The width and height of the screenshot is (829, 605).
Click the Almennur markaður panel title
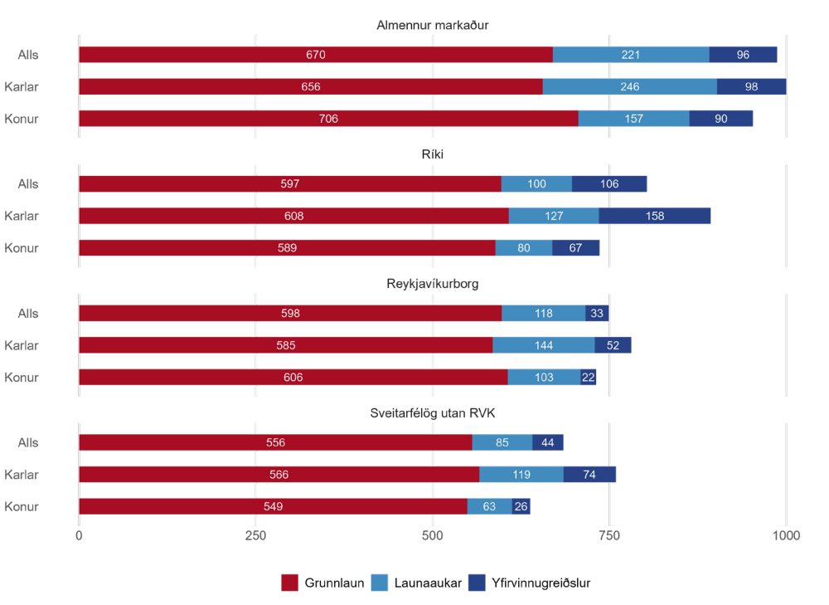coord(432,25)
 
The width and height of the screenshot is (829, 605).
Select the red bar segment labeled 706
coord(328,119)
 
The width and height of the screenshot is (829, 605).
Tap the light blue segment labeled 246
coord(630,86)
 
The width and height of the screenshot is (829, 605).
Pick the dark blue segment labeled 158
coord(655,216)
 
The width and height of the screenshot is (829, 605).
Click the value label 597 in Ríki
coord(289,184)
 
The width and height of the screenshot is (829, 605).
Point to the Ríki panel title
coord(433,154)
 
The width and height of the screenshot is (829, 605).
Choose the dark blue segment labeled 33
coord(597,314)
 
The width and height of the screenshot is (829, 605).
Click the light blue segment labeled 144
coord(544,345)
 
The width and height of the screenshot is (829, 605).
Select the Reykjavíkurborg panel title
coord(432,284)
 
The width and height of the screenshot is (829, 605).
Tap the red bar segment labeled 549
coord(273,506)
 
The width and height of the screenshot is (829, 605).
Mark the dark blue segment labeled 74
coord(589,475)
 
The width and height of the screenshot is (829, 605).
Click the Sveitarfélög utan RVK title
coord(432,413)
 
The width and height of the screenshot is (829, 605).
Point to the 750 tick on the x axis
coord(609,536)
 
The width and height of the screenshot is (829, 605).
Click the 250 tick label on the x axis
coord(255,536)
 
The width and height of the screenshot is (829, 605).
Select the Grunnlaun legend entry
coord(323,583)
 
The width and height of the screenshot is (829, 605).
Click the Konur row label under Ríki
coord(22,248)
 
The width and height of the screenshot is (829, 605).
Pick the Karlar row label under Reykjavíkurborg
coord(22,345)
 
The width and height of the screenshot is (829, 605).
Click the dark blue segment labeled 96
coord(743,55)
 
